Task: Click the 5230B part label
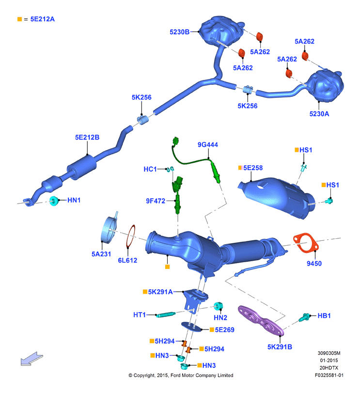coord(179,32)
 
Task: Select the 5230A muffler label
coord(319,114)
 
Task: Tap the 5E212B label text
coord(87,137)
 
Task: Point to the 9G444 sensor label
coord(208,144)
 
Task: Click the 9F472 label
coord(156,201)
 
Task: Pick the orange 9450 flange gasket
coord(306,243)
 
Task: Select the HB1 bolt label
coord(324,316)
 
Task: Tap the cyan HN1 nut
coord(54,201)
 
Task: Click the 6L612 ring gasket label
coord(127,260)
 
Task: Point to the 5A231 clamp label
coord(101,254)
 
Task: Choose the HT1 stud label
coord(140,315)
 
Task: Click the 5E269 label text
coord(224,330)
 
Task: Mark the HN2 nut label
coord(220,318)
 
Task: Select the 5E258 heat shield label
coord(253,168)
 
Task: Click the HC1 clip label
coord(150,169)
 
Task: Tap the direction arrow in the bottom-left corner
coord(32,359)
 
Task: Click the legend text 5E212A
coord(42,19)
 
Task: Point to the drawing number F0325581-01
coord(329,375)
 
